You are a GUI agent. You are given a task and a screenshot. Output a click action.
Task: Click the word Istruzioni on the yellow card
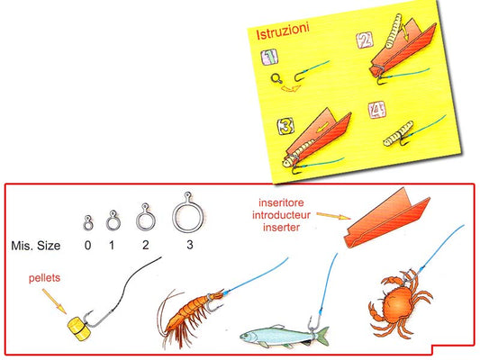coord(283,31)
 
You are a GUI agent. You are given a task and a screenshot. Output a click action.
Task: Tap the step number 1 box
coord(269,57)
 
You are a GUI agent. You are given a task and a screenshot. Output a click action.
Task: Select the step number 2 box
coord(365,40)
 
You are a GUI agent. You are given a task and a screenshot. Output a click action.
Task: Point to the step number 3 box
coord(285,126)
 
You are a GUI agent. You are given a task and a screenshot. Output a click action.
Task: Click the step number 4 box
coord(376,110)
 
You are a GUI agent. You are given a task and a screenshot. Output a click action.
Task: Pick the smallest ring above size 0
coord(88,227)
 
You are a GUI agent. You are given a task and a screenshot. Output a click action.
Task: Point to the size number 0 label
coord(88,245)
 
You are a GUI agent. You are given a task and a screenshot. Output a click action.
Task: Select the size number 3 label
coord(190,245)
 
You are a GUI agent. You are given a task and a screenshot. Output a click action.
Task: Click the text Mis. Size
coord(36,246)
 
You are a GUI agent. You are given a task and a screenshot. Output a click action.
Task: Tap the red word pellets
coord(44,278)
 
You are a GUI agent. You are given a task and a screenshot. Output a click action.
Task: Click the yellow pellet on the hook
coord(79,329)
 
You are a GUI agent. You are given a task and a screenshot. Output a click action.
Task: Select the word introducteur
coord(281,215)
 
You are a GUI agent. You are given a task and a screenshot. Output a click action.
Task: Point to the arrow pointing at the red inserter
coord(333,216)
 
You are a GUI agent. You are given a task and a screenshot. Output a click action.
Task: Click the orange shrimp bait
coord(190,315)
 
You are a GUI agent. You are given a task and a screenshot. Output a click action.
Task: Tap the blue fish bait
coord(284,336)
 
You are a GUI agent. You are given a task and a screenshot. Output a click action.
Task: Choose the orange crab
coord(401,303)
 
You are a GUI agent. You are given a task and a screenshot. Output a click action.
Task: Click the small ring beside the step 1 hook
coord(276,78)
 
